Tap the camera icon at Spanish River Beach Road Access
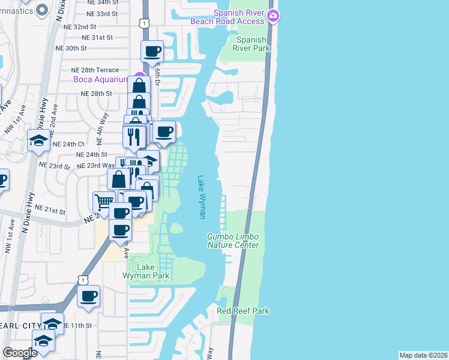click(x=274, y=16)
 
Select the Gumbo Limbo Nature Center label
click(x=233, y=241)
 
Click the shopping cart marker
click(x=103, y=202)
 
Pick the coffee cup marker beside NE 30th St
click(x=152, y=51)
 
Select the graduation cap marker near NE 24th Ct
click(x=39, y=142)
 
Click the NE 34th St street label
click(x=103, y=2)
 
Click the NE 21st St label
click(x=50, y=209)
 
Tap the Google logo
click(x=20, y=353)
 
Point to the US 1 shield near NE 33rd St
click(x=144, y=23)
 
